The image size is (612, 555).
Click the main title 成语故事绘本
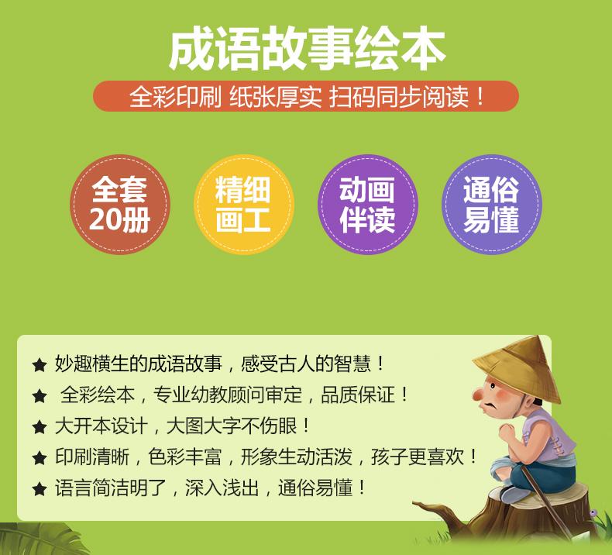[308, 49]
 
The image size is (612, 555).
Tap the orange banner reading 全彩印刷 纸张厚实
[305, 96]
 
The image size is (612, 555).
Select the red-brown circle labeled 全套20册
[120, 205]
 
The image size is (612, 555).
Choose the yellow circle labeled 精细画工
[243, 205]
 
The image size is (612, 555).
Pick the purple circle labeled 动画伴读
[368, 205]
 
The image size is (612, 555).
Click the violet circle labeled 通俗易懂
[492, 205]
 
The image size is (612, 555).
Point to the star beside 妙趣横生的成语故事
[40, 366]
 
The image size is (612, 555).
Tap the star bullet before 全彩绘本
[40, 396]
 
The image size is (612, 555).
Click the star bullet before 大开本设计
[40, 427]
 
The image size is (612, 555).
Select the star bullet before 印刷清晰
[40, 458]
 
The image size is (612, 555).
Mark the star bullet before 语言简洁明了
[40, 489]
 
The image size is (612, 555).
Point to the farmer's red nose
[478, 395]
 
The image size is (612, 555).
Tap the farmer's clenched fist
[507, 433]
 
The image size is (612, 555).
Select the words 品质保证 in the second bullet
[358, 395]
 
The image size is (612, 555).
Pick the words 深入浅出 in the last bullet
[222, 488]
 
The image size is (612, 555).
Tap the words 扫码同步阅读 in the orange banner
[398, 96]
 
